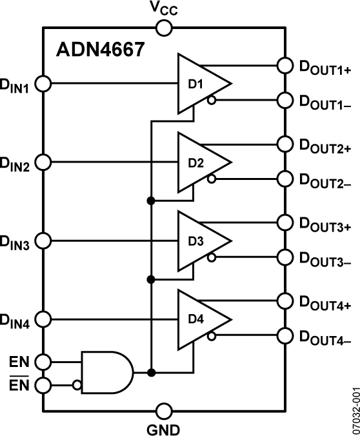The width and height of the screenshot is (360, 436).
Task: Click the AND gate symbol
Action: click(106, 372)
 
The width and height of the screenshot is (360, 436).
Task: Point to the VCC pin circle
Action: click(164, 28)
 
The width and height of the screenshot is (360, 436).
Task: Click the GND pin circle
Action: click(164, 410)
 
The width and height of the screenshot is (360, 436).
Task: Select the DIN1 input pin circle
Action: click(43, 83)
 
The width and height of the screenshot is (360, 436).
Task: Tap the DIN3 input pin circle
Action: click(43, 241)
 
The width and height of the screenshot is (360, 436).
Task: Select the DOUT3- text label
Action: click(324, 259)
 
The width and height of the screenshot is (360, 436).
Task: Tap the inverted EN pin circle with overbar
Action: click(43, 386)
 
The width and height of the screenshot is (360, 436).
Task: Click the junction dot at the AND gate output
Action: click(150, 372)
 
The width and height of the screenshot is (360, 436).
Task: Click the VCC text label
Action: click(164, 8)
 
